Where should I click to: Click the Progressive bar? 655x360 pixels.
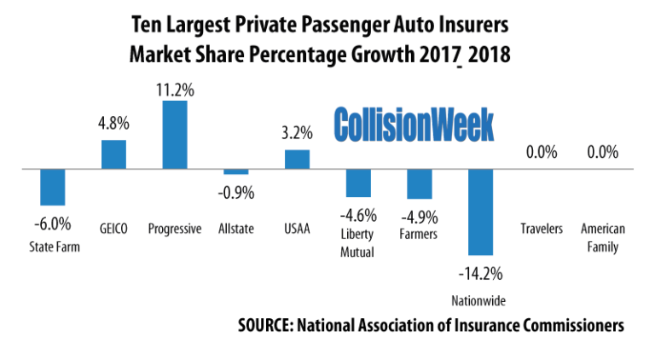coord(175,135)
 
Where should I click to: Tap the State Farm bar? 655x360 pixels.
coord(53,187)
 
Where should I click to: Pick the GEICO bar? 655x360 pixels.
coord(113,154)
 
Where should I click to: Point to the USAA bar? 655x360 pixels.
coord(297,160)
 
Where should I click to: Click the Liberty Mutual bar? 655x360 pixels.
coord(358,183)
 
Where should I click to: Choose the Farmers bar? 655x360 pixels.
coord(420,184)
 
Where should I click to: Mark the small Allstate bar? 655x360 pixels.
coord(236,171)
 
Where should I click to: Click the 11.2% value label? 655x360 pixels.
coord(175,88)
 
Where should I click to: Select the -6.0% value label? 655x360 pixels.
coord(53,224)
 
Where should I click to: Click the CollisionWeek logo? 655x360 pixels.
coord(414,125)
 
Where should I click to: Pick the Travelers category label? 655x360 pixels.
coord(541,229)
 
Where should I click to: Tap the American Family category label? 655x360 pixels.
coord(602,238)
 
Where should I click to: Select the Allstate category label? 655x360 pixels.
coord(236,229)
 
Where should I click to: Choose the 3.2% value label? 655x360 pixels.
coord(297,132)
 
